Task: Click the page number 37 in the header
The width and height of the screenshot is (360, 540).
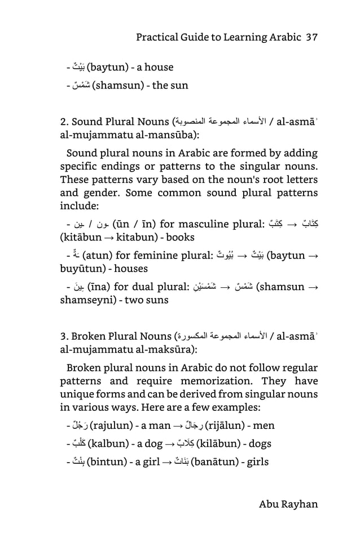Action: point(311,37)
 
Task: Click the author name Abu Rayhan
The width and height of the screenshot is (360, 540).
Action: point(288,504)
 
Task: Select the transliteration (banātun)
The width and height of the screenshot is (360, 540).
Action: point(219,462)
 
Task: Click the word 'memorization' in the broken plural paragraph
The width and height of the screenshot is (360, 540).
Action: point(219,381)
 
